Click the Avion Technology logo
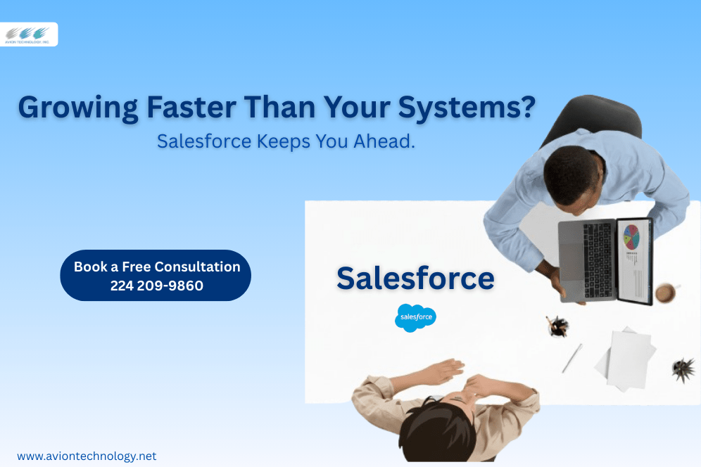click(x=28, y=34)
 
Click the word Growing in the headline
click(x=78, y=108)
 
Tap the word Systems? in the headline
click(x=467, y=108)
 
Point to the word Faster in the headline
click(x=191, y=107)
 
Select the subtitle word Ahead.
click(x=384, y=141)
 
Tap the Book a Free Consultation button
click(x=156, y=275)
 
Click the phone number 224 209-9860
click(x=157, y=286)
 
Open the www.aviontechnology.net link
click(x=87, y=456)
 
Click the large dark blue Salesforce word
click(x=415, y=278)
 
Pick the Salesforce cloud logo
click(x=415, y=318)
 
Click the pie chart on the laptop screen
click(x=631, y=236)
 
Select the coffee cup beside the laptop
click(x=666, y=293)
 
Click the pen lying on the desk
click(x=572, y=358)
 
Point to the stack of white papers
click(x=626, y=359)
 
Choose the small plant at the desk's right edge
click(x=683, y=369)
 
